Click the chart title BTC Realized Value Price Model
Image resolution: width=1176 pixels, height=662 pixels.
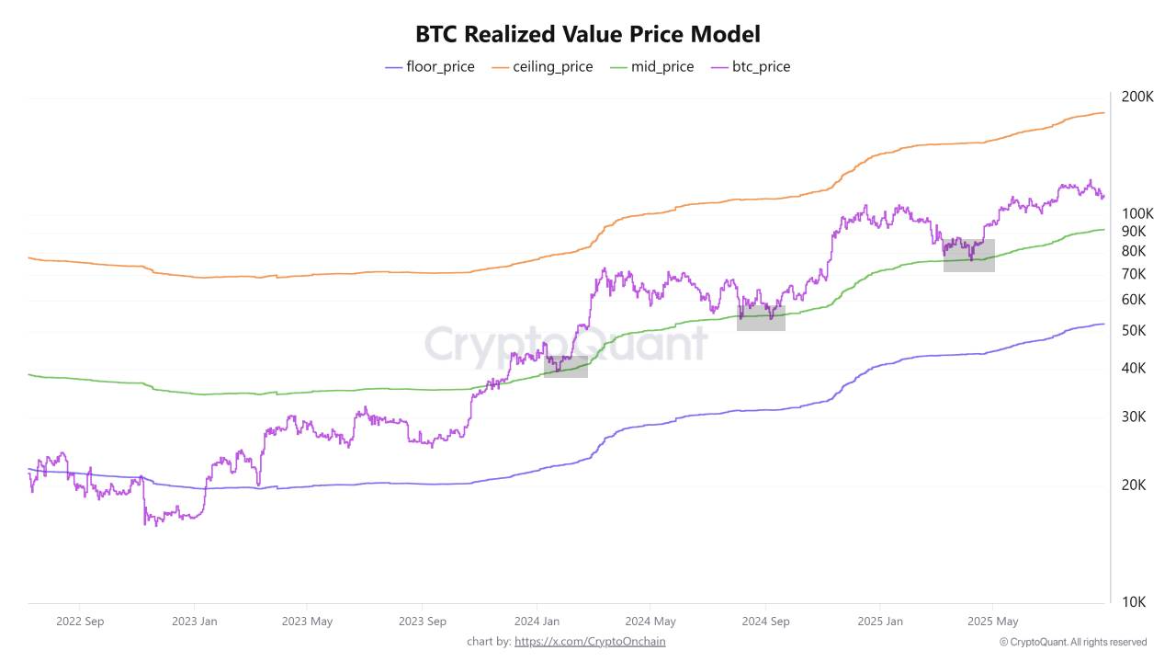588,35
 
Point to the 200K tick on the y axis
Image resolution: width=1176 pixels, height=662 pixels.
1137,97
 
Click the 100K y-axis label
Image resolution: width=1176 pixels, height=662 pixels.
1137,212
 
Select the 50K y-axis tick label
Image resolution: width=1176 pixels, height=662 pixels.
1134,330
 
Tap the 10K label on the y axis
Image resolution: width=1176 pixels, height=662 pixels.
1134,602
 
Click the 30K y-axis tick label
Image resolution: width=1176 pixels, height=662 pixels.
1134,417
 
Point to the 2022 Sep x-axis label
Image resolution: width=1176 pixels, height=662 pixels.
80,622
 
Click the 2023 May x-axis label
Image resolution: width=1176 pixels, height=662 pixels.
308,622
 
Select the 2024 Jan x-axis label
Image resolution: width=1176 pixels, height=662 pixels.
537,622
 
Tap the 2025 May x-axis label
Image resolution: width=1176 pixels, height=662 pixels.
993,622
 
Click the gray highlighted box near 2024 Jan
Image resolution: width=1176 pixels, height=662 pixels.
565,366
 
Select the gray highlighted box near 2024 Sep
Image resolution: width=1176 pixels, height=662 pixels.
761,317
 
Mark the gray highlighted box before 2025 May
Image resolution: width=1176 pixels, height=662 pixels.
968,255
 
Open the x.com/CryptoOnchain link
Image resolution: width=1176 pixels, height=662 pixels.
590,642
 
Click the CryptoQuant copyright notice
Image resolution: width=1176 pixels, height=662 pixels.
1073,642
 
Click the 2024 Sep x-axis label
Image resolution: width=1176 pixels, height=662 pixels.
765,622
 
